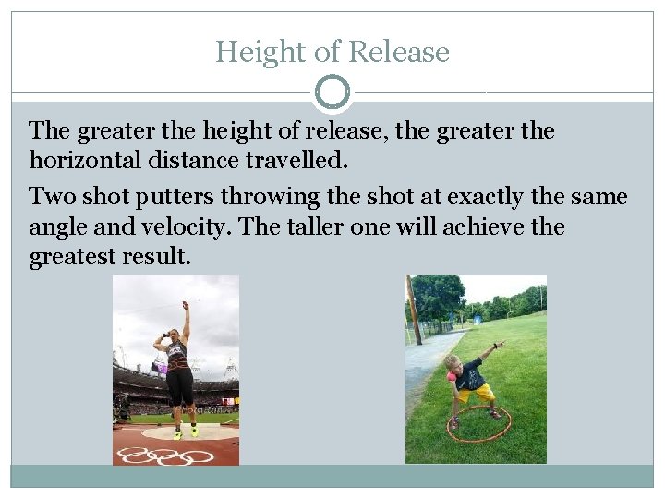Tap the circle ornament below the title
point(332,92)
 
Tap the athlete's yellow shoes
point(186,432)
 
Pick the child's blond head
point(453,363)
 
